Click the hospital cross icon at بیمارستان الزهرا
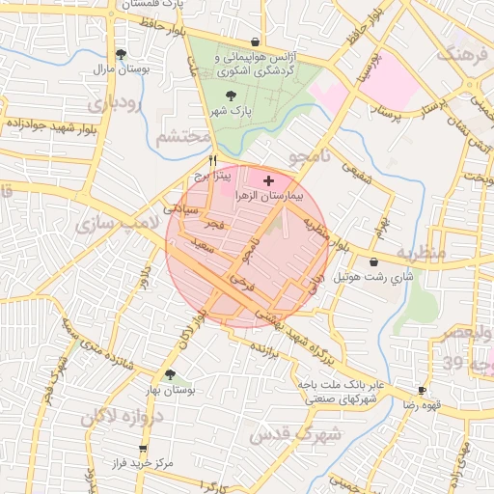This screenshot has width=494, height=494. [x=268, y=180]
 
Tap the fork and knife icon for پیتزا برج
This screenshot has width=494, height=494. [x=213, y=161]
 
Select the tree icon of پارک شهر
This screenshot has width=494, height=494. [x=230, y=96]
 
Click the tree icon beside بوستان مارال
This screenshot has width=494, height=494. [x=121, y=55]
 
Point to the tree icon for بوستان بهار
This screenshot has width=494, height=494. [x=170, y=375]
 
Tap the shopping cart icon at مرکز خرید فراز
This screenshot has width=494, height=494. [x=144, y=449]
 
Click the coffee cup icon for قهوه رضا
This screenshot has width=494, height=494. [x=421, y=391]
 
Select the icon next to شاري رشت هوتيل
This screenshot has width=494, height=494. [x=373, y=261]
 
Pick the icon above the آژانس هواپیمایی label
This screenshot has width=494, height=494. [x=254, y=42]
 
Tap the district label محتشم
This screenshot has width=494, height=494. [x=182, y=137]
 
